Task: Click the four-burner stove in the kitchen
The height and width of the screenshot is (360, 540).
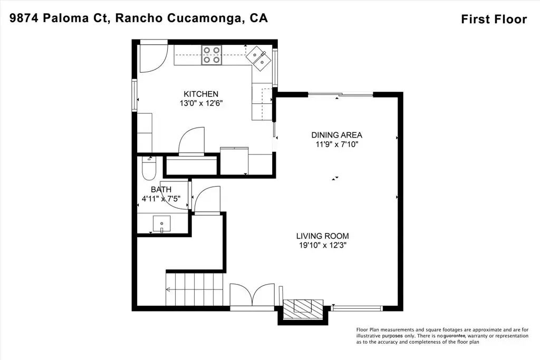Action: (211, 55)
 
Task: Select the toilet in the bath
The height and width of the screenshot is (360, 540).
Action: (149, 169)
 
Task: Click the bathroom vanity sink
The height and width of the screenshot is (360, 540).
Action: (161, 224)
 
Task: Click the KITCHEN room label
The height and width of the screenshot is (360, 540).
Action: (201, 94)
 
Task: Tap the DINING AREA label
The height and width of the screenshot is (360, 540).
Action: (336, 135)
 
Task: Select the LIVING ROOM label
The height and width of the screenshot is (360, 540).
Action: (322, 236)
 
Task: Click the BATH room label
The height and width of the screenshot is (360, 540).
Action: (161, 190)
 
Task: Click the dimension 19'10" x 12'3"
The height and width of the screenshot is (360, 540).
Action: (322, 246)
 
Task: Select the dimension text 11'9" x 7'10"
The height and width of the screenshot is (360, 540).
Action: (337, 144)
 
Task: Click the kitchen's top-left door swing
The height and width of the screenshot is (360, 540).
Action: (153, 58)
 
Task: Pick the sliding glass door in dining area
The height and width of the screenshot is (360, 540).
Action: (340, 94)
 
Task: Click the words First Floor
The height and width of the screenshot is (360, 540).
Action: (494, 20)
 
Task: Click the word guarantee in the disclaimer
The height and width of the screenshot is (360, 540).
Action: (455, 336)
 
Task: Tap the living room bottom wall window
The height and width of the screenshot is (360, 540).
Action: (357, 308)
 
